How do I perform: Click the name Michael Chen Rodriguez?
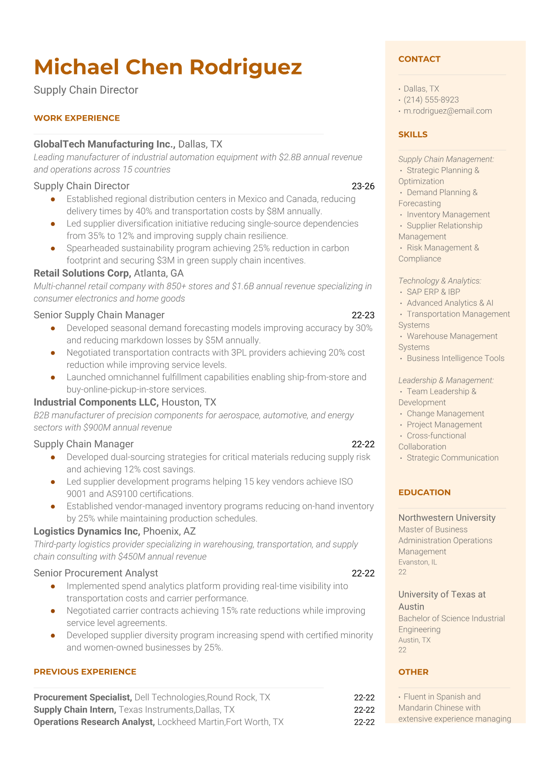coord(168,67)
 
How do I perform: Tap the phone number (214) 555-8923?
coord(431,100)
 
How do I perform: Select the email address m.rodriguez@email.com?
coord(448,111)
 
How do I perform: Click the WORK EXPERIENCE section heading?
coord(77,118)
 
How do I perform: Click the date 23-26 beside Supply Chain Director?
coord(363,186)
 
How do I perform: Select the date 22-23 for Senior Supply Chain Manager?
coord(363,315)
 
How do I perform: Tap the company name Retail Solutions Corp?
coord(82,273)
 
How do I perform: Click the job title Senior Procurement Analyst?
coord(96,573)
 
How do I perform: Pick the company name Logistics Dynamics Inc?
coord(86,531)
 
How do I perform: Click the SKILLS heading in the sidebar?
coord(413,134)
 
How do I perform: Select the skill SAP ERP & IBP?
coord(433,292)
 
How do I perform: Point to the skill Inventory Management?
coord(448,214)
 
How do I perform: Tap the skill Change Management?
coord(445,414)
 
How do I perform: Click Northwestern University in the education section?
coord(447,518)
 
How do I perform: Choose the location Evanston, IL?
coord(417,562)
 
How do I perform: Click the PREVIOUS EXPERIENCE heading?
coord(85,672)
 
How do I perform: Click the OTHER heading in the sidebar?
coord(413,672)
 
